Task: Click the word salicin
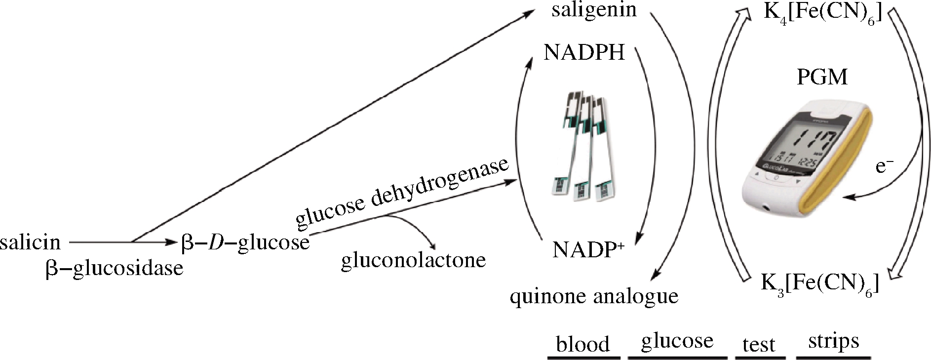click(31, 242)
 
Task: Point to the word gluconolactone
click(413, 260)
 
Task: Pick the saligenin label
click(594, 10)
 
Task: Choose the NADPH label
click(584, 52)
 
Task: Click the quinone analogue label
click(594, 296)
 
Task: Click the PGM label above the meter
click(822, 77)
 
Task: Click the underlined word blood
click(582, 344)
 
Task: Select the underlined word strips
click(833, 341)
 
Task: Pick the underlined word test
click(759, 344)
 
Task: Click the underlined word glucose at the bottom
click(677, 341)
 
